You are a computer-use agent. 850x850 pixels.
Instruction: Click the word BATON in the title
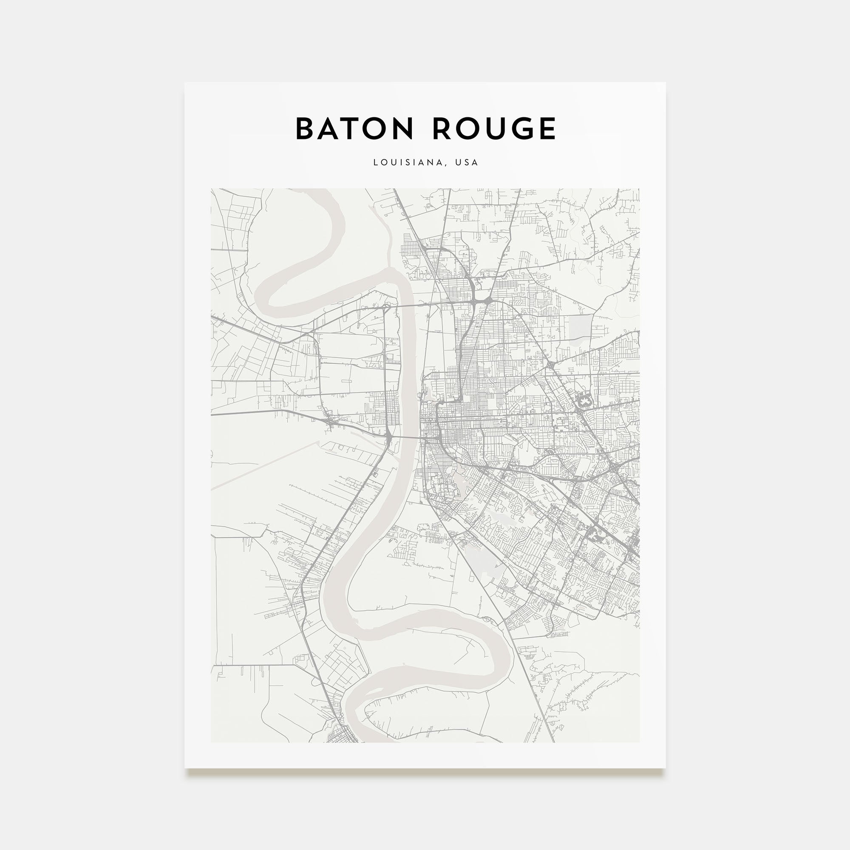354,129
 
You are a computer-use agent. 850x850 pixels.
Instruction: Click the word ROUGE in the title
494,129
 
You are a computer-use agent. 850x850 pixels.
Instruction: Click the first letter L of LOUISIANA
375,162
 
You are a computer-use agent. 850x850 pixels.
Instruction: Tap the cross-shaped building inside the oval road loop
584,402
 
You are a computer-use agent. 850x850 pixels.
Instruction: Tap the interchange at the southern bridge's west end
390,436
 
